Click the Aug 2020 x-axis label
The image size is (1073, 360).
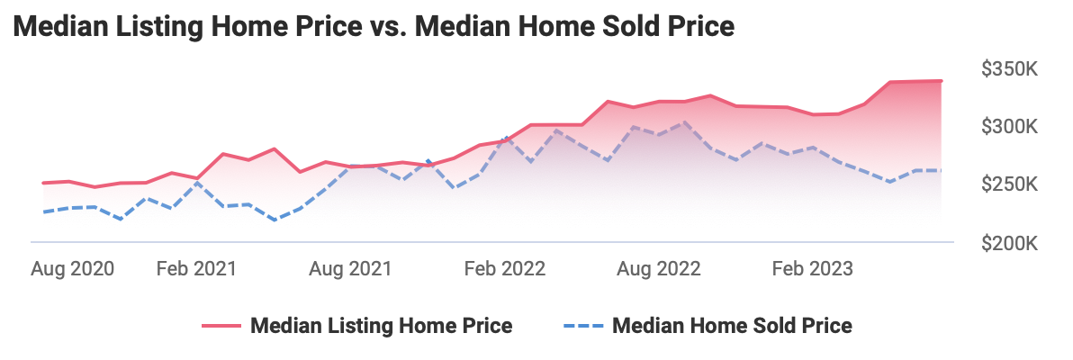[x=73, y=269]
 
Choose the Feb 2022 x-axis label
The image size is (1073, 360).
[x=505, y=269]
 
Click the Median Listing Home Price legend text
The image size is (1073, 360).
[x=382, y=326]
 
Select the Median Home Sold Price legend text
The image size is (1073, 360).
[x=732, y=326]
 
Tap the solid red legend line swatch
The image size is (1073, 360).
[x=221, y=326]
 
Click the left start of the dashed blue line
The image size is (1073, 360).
[x=43, y=212]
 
